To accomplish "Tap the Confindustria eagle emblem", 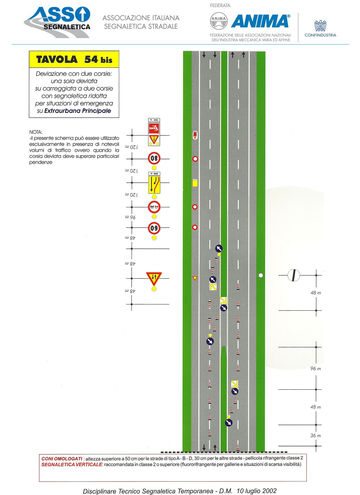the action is coord(320,26).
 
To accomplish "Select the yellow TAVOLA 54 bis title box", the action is coord(74,59).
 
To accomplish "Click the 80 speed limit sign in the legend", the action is coord(154,159).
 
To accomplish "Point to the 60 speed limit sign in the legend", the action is coord(154,228).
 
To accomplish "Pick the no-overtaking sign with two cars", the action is coord(154,207).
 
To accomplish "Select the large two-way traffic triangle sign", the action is coord(154,278).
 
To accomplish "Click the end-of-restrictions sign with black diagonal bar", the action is coord(294,275).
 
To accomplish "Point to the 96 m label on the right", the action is coord(316,369).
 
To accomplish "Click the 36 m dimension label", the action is coord(316,435).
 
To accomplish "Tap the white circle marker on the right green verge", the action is coord(261,275).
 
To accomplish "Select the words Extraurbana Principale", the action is coord(78,111).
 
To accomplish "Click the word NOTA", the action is coord(36,132).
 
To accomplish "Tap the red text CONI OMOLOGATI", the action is coord(62,459).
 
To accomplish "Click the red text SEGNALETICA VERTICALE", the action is coord(71,465).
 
